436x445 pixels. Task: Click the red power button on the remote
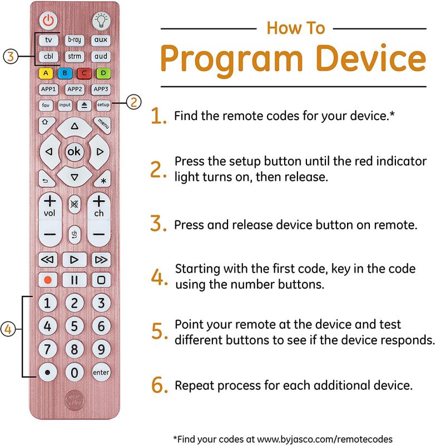48,21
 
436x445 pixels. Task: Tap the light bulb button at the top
101,21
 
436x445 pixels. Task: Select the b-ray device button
75,39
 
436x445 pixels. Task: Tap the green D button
101,72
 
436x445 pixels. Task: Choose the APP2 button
75,88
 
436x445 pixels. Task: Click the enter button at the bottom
101,372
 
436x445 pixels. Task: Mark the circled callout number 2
132,102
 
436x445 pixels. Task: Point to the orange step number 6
158,385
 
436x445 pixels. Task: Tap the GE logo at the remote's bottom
75,400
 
